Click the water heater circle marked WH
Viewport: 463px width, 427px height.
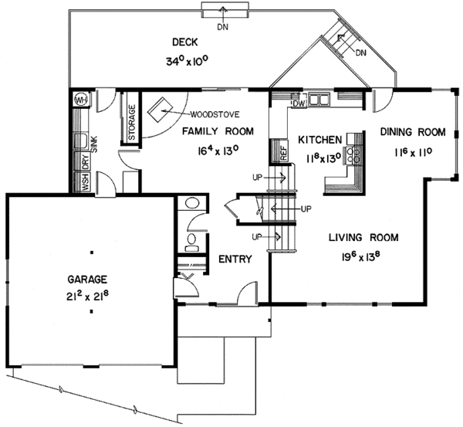[80, 100]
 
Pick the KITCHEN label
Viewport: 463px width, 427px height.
[319, 140]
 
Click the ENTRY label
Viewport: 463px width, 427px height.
[234, 259]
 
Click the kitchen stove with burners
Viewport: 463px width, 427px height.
[357, 151]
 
